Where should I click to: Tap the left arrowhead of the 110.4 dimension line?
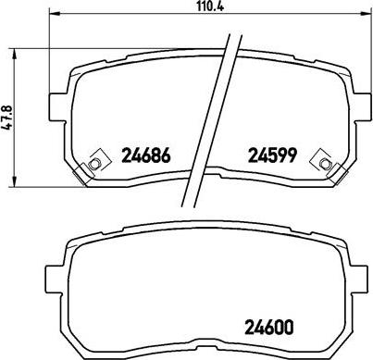point(52,16)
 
